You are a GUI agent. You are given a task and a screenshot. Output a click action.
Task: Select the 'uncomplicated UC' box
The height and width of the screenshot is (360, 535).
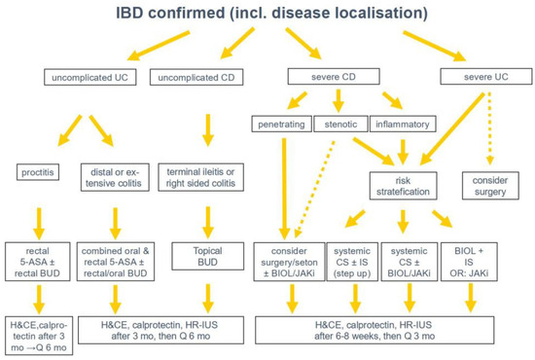[x=88, y=77]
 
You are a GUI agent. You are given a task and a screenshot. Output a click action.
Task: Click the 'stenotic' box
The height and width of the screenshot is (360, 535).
[x=341, y=124]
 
